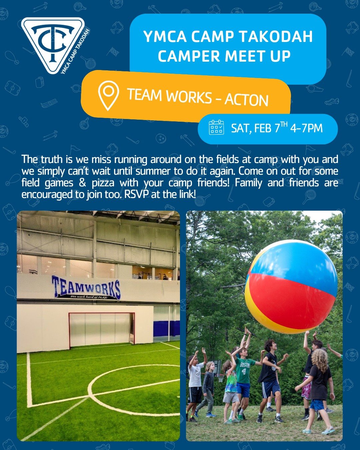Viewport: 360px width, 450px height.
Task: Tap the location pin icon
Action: (108, 95)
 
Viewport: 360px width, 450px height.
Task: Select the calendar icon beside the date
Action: (216, 127)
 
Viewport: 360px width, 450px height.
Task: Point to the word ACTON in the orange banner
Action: (246, 100)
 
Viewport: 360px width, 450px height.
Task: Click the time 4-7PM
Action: (306, 128)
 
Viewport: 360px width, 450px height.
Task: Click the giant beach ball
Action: (291, 287)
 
